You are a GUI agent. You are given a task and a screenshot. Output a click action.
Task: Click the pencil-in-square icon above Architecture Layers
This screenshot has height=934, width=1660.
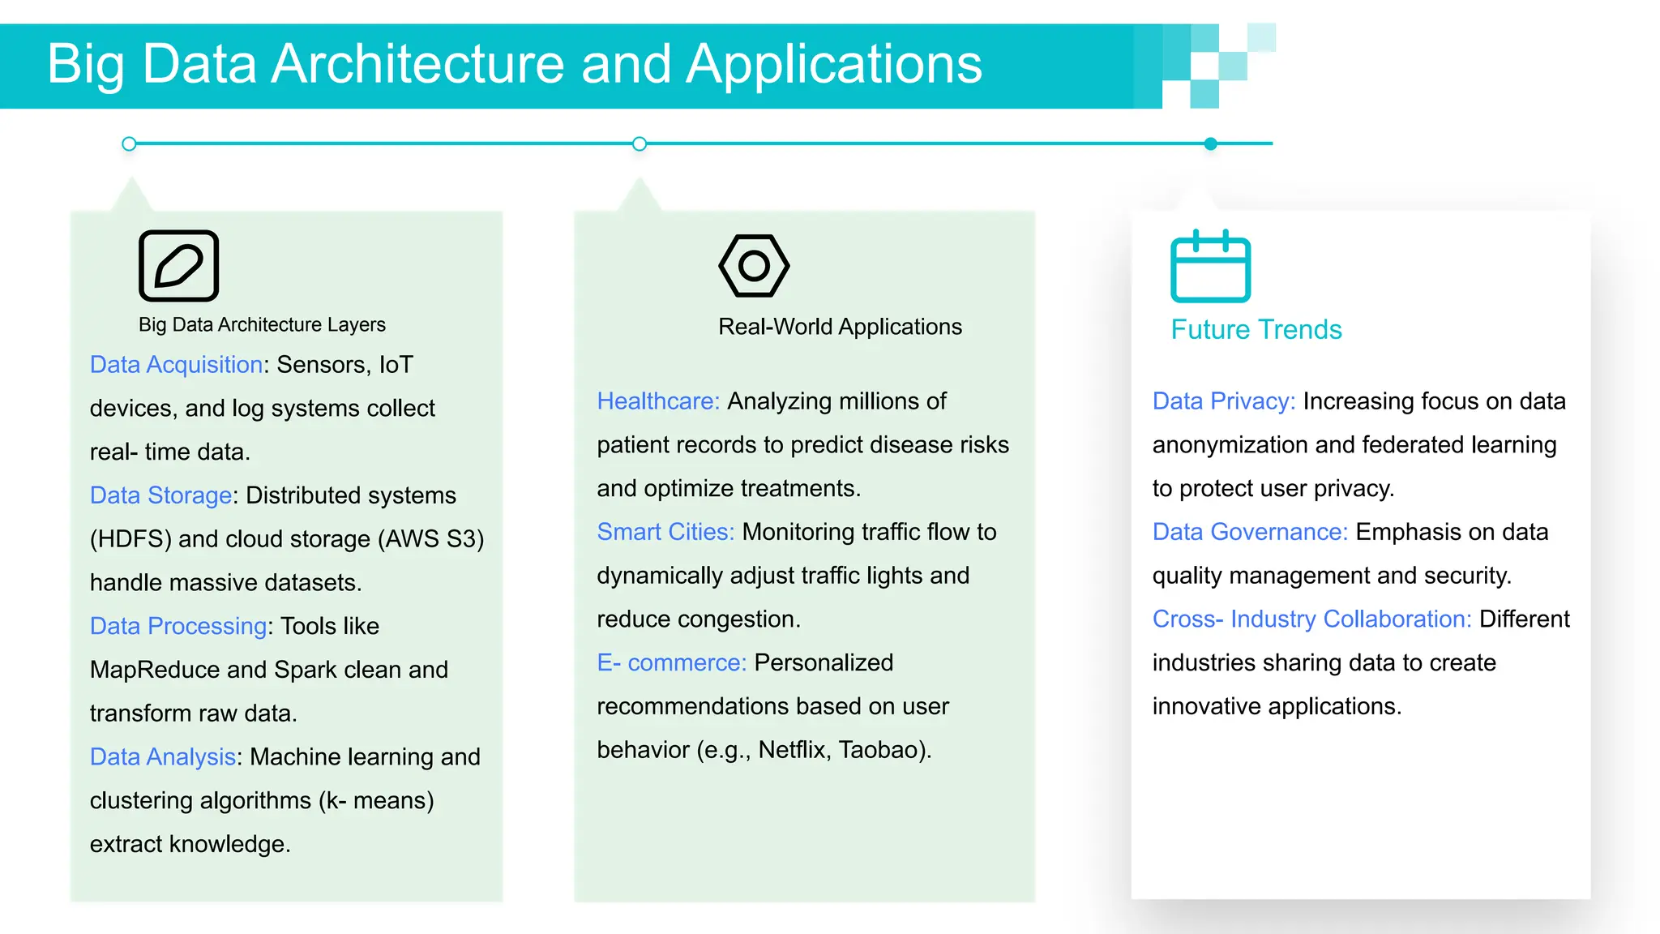click(178, 266)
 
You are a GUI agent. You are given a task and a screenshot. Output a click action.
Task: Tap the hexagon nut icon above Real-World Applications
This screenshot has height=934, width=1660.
click(754, 266)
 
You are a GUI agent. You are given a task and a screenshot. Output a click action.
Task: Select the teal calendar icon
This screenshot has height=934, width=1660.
click(1210, 267)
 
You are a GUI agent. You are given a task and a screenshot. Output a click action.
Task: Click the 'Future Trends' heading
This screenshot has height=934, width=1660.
click(1256, 330)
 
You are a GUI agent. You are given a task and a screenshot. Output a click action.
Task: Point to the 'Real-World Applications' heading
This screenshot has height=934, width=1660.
click(840, 327)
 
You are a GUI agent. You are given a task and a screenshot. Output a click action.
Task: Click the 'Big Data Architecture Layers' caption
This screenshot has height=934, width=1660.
click(262, 324)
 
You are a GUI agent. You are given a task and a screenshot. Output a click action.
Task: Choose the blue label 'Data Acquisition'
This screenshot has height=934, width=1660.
click(176, 365)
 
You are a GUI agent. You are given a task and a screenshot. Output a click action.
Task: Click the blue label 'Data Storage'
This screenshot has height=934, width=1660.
click(160, 495)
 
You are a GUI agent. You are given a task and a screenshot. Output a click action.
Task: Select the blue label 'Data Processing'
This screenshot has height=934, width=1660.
click(178, 626)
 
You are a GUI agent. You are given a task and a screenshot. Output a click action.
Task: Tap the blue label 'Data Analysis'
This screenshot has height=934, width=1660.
click(162, 756)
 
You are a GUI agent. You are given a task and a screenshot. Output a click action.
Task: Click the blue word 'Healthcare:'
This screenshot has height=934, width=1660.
click(657, 401)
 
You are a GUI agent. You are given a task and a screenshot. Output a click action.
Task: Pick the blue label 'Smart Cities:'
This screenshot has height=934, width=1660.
click(665, 532)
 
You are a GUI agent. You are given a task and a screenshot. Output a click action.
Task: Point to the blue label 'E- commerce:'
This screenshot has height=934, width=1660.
click(671, 662)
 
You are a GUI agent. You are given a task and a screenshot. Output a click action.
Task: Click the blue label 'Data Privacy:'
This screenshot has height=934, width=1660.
click(1223, 401)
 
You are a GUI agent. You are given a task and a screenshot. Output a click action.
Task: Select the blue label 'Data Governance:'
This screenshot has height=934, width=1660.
click(1249, 532)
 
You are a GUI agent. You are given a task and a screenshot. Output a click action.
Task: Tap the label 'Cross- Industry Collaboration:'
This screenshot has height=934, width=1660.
click(1311, 619)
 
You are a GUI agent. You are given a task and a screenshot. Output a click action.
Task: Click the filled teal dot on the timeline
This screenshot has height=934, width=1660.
click(1210, 144)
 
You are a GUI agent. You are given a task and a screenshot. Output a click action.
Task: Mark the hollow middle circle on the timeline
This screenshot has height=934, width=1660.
click(640, 144)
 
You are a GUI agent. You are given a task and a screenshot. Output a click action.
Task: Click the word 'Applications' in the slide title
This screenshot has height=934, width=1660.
click(834, 64)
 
